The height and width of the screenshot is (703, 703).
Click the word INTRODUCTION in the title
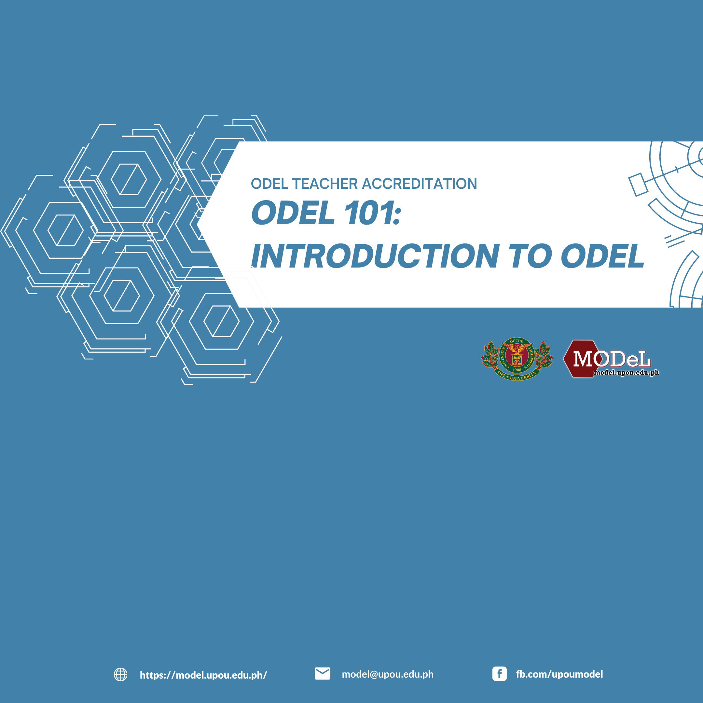tap(375, 256)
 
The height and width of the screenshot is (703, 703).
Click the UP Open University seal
tap(517, 359)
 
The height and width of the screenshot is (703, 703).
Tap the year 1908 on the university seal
tap(517, 370)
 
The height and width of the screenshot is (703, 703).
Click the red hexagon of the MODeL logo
tap(581, 359)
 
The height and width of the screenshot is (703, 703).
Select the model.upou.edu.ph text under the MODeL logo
tap(626, 372)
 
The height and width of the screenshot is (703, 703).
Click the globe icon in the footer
tap(120, 674)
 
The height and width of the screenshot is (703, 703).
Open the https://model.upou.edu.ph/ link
tap(203, 675)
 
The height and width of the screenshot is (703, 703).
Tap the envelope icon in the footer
tap(323, 673)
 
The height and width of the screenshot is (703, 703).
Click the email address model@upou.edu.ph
tap(388, 674)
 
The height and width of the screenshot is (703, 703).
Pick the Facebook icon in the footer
tap(499, 674)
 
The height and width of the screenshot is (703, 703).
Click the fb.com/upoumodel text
tap(559, 674)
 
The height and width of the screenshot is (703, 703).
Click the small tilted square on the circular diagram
tap(638, 185)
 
